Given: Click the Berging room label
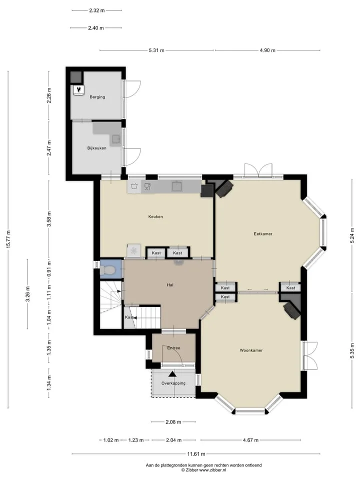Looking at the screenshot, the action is (97, 97).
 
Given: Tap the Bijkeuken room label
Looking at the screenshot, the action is (96, 148).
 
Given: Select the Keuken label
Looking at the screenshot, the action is (155, 216).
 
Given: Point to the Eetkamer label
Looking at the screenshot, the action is (263, 234).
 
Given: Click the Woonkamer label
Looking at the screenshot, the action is (251, 350).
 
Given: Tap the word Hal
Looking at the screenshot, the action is (170, 285).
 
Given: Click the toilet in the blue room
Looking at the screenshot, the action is (107, 270).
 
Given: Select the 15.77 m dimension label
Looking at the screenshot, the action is (8, 239).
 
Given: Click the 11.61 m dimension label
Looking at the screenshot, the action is (196, 454).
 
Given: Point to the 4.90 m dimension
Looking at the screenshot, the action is (267, 50).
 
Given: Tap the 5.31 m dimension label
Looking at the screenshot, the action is (156, 50).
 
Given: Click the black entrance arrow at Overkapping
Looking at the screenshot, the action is (172, 374).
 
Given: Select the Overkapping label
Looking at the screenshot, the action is (173, 383).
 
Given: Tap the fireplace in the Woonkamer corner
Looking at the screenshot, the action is (291, 310).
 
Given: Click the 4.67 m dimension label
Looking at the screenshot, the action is (250, 440).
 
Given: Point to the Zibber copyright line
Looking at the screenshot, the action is (203, 470).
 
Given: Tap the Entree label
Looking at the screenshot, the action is (173, 348).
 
